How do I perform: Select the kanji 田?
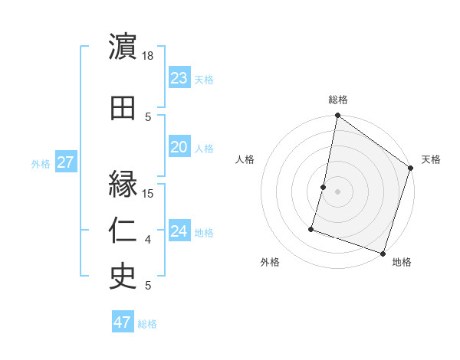[x=123, y=108]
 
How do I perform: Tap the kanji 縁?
[x=123, y=185]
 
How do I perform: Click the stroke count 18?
[x=149, y=56]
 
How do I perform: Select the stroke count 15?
[x=149, y=193]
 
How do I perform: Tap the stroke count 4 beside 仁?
[x=148, y=240]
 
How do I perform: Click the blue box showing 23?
[x=179, y=77]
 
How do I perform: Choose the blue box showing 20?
[x=179, y=147]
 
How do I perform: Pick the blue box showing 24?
[x=179, y=231]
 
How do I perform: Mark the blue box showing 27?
[x=65, y=162]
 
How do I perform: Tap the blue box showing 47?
[x=123, y=322]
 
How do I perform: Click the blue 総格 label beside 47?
[x=147, y=324]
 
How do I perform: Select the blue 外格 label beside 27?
[x=41, y=164]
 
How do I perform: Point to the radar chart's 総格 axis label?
[x=338, y=100]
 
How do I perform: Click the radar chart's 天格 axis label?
[x=431, y=159]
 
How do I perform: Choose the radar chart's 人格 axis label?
[x=245, y=159]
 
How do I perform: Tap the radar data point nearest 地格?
[x=383, y=253]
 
